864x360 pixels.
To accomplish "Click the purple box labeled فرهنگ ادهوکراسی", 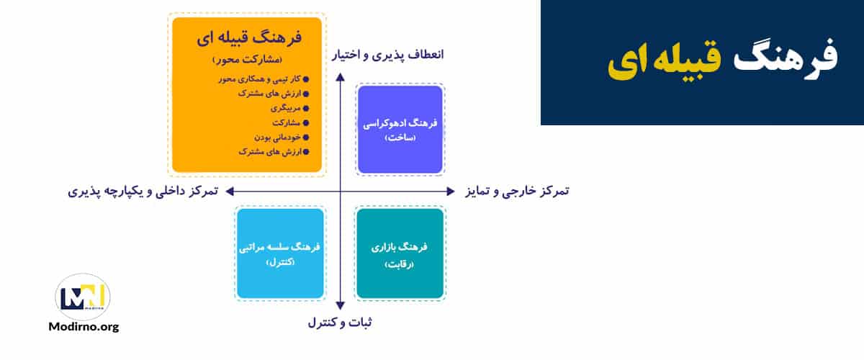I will (400, 130).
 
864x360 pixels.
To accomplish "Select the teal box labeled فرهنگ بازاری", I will (400, 253).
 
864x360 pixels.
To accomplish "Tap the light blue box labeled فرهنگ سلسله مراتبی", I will (279, 253).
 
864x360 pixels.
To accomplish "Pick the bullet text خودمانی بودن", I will (276, 137).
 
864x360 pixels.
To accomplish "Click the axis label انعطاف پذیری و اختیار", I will (388, 55).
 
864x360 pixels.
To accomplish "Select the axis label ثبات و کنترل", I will (340, 323).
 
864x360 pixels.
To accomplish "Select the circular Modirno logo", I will (83, 296).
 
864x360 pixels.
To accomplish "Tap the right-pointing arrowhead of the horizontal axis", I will (451, 192).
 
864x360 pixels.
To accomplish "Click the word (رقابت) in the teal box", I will (400, 263).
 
